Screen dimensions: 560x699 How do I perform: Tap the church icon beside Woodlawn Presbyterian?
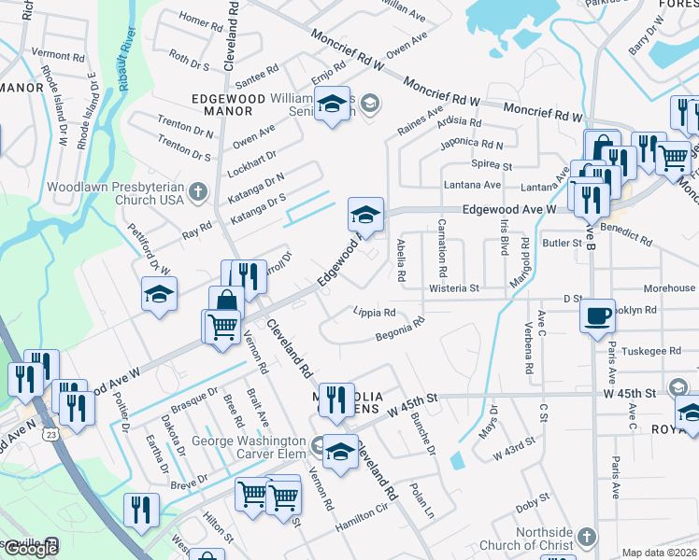click(x=197, y=193)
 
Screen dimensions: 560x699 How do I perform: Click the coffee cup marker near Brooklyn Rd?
click(x=597, y=315)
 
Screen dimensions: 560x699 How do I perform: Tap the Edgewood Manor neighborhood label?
click(x=221, y=104)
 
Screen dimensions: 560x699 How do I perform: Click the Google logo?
click(x=31, y=548)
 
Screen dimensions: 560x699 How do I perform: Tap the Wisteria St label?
click(x=453, y=288)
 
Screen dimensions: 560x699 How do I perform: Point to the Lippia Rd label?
click(x=374, y=312)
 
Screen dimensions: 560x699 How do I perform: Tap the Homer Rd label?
click(x=193, y=20)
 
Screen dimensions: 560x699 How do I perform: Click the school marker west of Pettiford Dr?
click(x=160, y=295)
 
